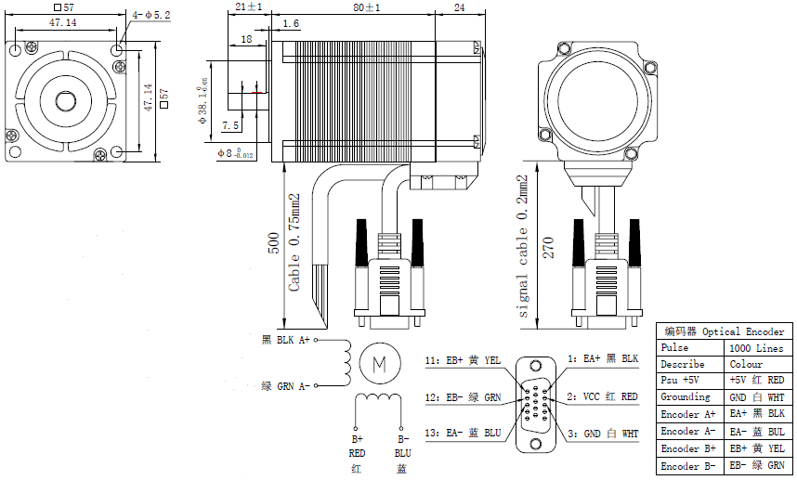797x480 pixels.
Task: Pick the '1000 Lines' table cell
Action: [x=755, y=347]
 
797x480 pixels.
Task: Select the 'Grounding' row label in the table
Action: [x=686, y=397]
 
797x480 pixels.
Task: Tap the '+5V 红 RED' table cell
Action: [x=757, y=381]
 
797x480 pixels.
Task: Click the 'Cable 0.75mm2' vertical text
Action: [x=294, y=243]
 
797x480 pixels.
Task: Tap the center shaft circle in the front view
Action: [x=66, y=100]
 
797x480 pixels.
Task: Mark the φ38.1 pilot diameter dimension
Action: [x=203, y=106]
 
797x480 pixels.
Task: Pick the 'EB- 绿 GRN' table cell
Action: [x=757, y=466]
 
